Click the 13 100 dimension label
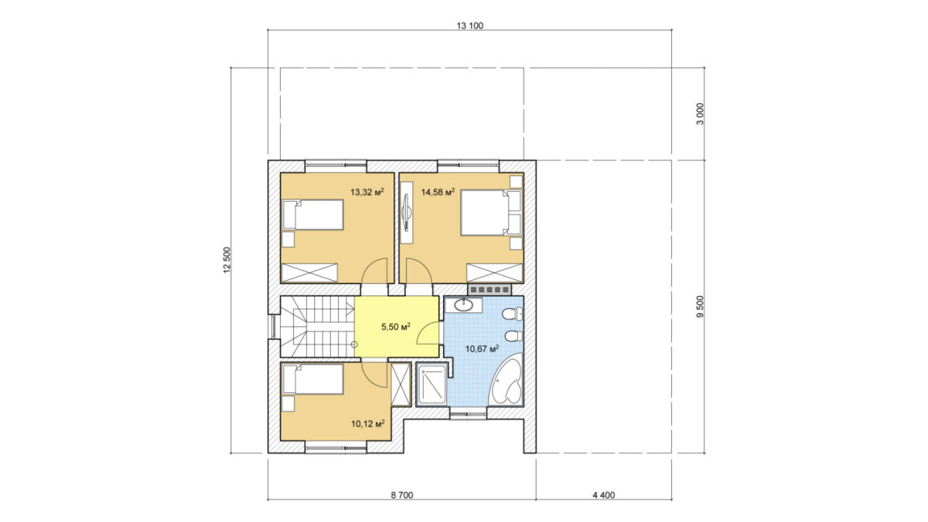470,26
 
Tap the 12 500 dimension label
227,260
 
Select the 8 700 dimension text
402,495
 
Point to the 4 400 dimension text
604,495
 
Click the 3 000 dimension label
700,114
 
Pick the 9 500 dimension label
700,306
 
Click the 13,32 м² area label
367,192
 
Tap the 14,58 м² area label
438,192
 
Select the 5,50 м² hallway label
396,327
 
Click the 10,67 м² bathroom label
482,349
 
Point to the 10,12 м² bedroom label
368,424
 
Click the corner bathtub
506,382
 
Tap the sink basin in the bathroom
463,305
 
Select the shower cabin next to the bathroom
432,384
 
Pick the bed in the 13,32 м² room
312,215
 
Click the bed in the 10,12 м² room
312,379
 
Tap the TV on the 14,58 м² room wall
407,213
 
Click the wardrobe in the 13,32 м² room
309,272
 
